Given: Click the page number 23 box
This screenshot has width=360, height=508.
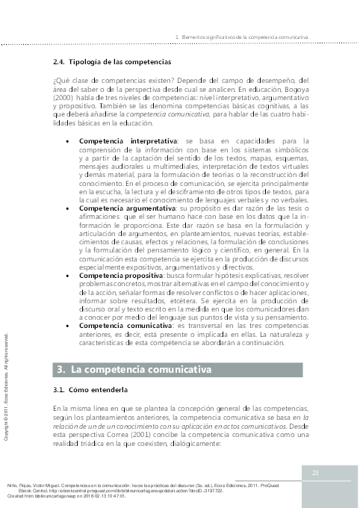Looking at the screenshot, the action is click(315, 472).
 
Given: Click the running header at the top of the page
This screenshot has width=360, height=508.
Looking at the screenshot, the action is click(240, 37).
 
